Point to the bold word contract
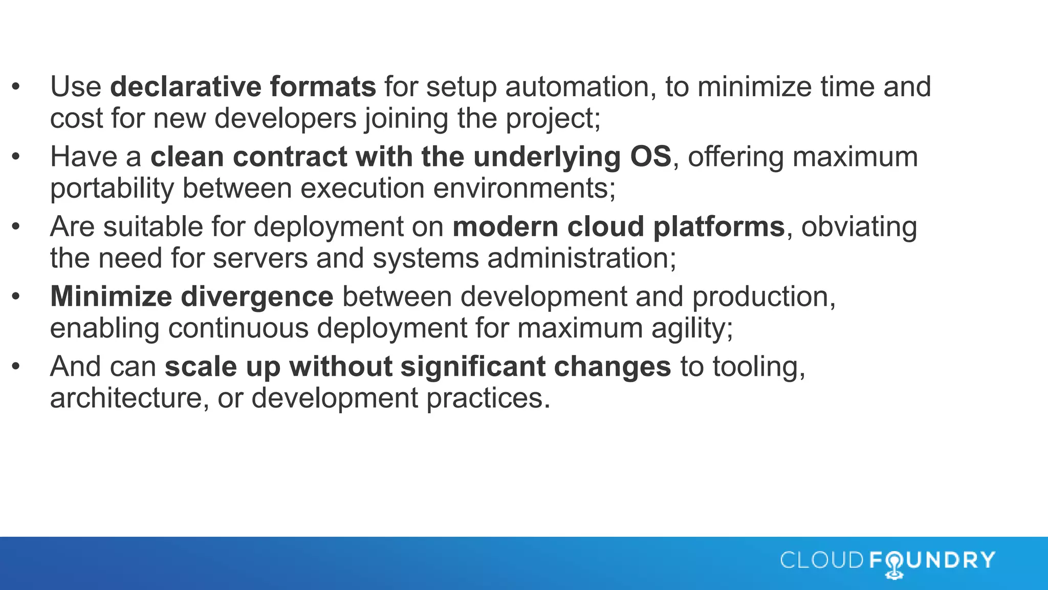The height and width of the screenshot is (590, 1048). tap(290, 157)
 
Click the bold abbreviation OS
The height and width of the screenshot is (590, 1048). tap(650, 157)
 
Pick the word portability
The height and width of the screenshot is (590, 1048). tap(112, 188)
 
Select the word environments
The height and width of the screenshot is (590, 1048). tap(525, 188)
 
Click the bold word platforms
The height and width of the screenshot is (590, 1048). tap(719, 227)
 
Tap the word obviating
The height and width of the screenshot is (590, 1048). tap(859, 227)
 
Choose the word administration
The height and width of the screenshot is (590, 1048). tap(582, 258)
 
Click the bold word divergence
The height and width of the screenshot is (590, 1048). tap(257, 297)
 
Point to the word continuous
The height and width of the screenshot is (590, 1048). tap(238, 328)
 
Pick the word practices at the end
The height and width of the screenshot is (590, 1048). tap(488, 398)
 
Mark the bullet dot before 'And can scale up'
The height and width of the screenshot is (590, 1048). tap(16, 367)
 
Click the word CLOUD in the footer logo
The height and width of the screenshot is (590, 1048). tap(822, 560)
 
